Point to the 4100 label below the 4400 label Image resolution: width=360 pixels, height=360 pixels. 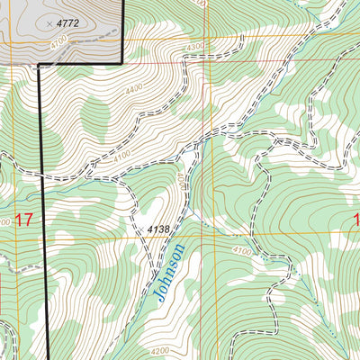(125, 157)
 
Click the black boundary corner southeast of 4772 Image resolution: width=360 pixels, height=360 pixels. (121, 63)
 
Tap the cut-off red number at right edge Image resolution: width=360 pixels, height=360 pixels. (356, 220)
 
